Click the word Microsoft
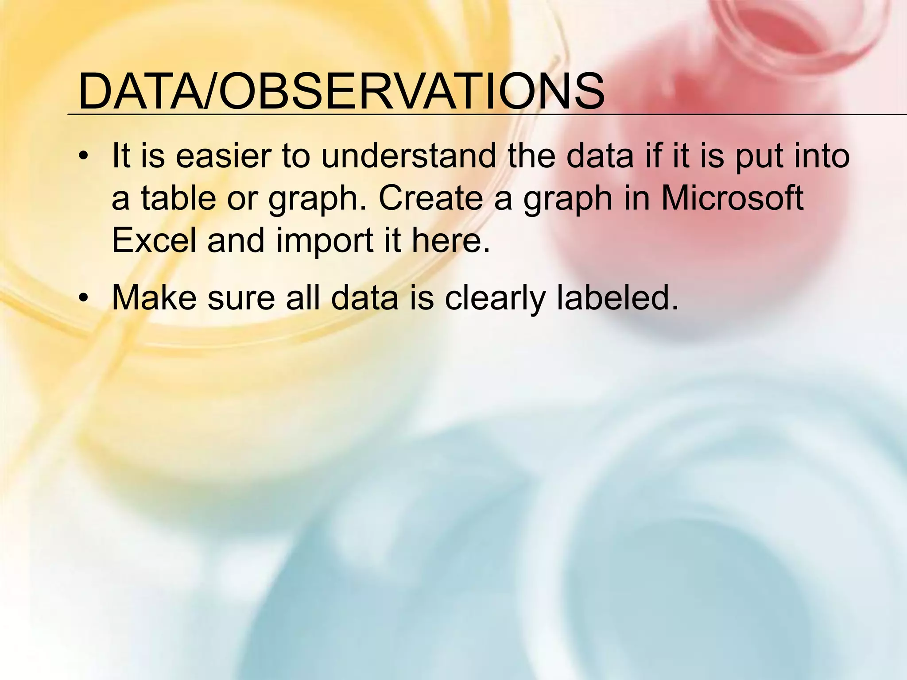(x=732, y=198)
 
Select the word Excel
(x=154, y=240)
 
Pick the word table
(x=179, y=198)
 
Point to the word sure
(x=241, y=298)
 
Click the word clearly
(x=495, y=298)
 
